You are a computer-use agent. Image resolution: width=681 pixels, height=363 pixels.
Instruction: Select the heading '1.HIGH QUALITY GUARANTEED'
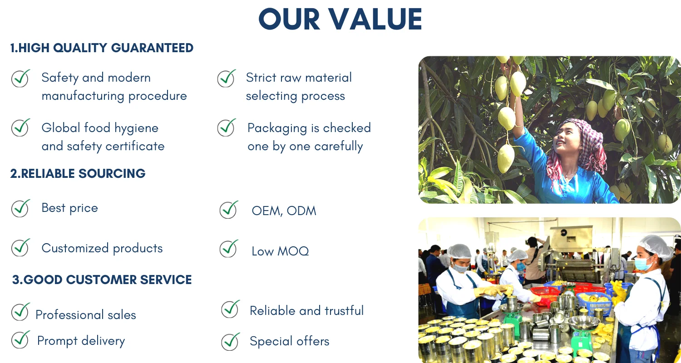click(102, 48)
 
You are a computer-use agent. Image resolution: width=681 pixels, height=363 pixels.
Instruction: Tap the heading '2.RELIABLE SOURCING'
click(78, 173)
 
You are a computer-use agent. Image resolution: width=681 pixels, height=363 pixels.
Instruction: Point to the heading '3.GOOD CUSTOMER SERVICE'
click(102, 280)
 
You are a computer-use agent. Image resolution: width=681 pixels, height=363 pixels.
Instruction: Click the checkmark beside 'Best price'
click(21, 208)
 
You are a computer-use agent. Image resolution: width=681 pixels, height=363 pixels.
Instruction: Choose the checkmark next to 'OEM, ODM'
click(229, 210)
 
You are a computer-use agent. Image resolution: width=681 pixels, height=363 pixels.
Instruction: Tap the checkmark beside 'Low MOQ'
click(229, 249)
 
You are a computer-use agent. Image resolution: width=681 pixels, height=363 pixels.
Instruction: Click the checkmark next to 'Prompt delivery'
click(21, 339)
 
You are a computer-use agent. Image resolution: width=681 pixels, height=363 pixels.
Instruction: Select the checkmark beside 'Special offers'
click(231, 342)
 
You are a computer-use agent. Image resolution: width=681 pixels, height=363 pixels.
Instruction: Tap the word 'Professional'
click(69, 315)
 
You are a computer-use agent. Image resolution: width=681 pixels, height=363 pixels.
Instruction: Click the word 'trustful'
click(344, 311)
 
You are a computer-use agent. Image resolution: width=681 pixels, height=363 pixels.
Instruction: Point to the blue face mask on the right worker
click(644, 264)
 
